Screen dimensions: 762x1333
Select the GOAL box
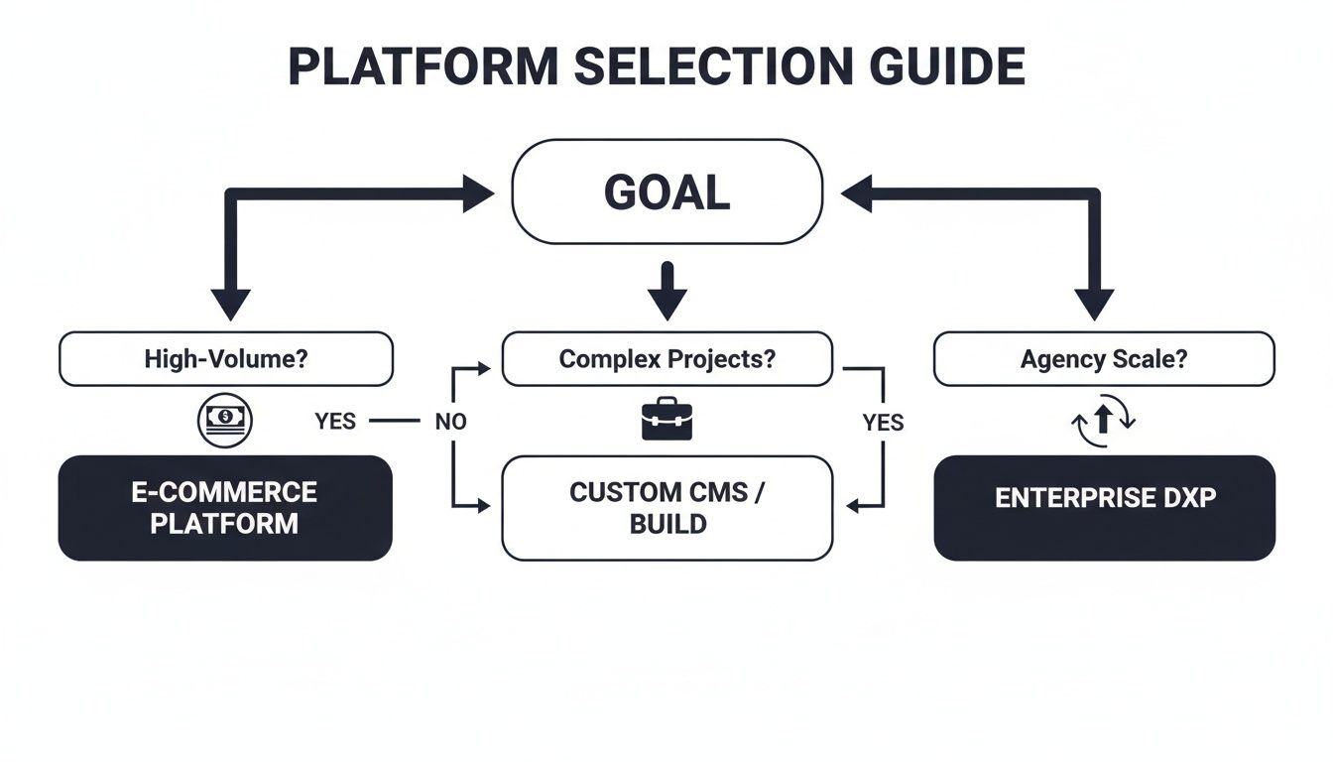[x=666, y=191]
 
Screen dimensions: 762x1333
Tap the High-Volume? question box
[x=226, y=359]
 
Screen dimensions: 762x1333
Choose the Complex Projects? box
[x=666, y=359]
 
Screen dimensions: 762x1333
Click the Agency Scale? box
[x=1103, y=359]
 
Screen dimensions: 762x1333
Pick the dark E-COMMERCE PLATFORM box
[x=225, y=508]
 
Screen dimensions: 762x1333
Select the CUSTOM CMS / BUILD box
[x=666, y=508]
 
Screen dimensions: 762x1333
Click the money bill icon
[x=226, y=420]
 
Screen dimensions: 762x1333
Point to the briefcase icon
[x=666, y=420]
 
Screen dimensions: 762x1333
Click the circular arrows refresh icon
[x=1104, y=421]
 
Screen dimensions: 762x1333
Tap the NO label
[x=450, y=422]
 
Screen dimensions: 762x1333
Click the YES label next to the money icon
[x=335, y=422]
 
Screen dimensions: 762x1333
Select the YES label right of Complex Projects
[x=883, y=424]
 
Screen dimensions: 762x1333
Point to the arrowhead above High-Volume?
[x=231, y=303]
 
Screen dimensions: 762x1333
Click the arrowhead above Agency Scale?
[x=1095, y=303]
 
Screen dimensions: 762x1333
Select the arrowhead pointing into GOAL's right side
[x=857, y=193]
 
